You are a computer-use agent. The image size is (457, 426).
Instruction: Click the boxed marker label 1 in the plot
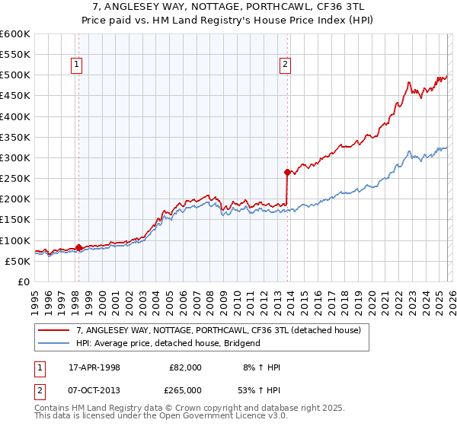tap(78, 65)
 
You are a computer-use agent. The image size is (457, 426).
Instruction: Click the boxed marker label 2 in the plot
tap(285, 65)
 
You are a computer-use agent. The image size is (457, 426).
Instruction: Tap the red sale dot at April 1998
tap(78, 247)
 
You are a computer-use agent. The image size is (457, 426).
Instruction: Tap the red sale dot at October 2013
tap(287, 172)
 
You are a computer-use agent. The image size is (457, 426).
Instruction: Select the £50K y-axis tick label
tap(18, 261)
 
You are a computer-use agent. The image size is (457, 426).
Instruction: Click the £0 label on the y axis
tap(24, 281)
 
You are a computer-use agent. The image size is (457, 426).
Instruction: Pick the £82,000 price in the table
tap(185, 367)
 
